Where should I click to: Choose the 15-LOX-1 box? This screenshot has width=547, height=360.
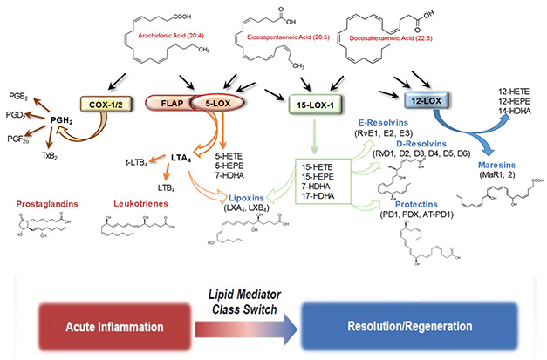(x=311, y=104)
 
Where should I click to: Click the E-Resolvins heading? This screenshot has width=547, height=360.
(x=378, y=124)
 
